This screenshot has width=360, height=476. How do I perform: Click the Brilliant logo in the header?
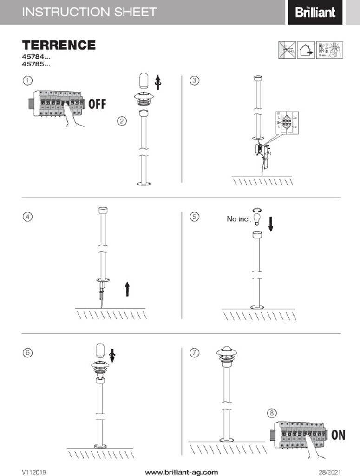click(x=315, y=12)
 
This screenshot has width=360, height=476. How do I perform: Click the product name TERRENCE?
click(x=59, y=45)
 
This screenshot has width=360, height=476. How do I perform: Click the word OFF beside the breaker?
click(x=97, y=104)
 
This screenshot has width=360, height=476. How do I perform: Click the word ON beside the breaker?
click(x=338, y=435)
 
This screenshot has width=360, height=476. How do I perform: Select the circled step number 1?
click(x=28, y=80)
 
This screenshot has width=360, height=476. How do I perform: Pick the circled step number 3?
click(x=195, y=80)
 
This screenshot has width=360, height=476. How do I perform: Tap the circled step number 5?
click(x=195, y=216)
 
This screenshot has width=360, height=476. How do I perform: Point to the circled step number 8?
click(x=272, y=413)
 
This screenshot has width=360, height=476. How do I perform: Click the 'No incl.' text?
click(x=239, y=218)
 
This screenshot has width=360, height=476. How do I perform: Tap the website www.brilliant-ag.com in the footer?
click(x=181, y=472)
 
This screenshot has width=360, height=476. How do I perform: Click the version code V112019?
click(x=34, y=472)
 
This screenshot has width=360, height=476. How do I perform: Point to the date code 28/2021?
click(x=329, y=472)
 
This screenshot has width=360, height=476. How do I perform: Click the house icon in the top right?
click(x=306, y=50)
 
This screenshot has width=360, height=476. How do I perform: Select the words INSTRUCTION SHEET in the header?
click(x=89, y=12)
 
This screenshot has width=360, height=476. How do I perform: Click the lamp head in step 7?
click(x=227, y=356)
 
